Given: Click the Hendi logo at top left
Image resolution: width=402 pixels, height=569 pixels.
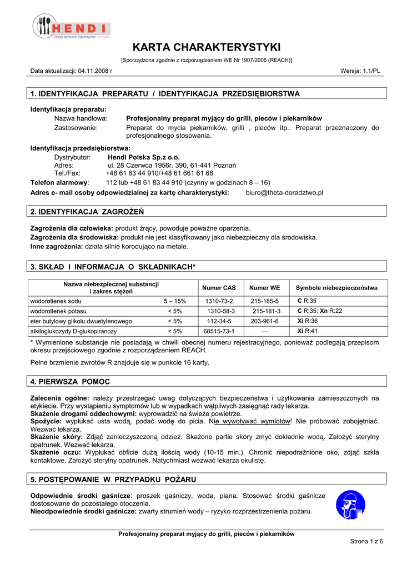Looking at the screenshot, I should point(71,27).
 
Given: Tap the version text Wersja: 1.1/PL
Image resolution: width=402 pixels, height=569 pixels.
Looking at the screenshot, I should point(360,72).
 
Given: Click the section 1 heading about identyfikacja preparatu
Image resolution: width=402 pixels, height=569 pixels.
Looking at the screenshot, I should point(165,94).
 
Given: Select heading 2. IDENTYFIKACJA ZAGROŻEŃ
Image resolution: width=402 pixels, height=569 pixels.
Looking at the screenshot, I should point(87,212).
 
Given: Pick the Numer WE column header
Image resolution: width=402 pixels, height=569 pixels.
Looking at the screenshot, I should point(265,288).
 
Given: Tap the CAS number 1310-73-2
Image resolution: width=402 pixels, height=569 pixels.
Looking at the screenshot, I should point(219,301).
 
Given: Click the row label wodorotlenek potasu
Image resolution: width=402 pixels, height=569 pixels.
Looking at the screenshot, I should point(58,311).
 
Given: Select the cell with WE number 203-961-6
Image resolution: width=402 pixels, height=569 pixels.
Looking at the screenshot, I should point(265,321).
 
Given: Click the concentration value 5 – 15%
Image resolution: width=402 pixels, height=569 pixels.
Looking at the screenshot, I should point(174,301).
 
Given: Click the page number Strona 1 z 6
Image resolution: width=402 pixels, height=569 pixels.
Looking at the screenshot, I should point(366,541).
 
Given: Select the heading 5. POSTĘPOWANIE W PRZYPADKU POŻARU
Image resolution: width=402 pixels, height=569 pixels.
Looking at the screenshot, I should point(113,479).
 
